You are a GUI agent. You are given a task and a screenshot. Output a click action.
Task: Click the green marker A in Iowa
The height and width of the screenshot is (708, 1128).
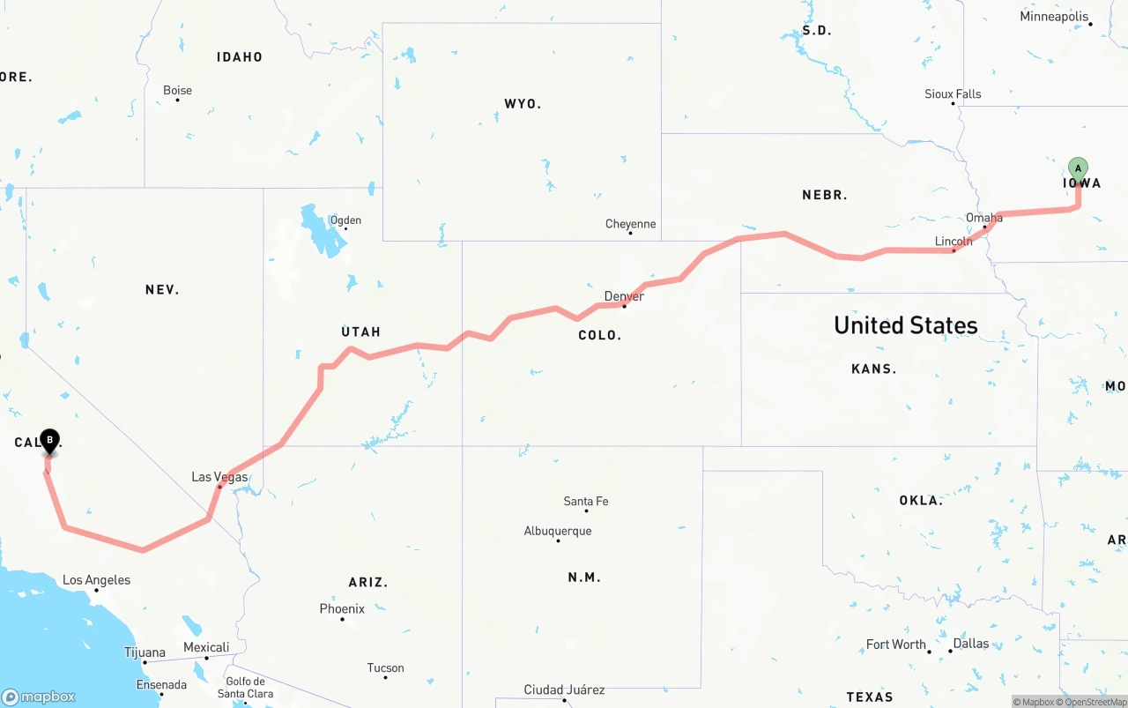point(1078,168)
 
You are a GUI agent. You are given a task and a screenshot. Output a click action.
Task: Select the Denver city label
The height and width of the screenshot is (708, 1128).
point(624,296)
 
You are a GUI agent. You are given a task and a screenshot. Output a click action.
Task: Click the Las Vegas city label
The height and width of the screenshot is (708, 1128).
point(219,477)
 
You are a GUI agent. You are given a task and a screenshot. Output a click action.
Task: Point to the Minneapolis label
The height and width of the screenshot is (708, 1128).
point(1054,17)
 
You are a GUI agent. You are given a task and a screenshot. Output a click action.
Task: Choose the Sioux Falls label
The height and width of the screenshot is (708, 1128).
point(953,93)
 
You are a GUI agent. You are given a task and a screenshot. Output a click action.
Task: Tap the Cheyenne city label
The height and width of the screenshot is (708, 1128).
point(630,224)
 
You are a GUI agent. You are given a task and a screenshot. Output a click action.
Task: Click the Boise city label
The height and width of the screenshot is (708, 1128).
point(177,90)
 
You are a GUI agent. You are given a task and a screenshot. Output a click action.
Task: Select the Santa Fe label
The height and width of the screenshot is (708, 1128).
point(586,502)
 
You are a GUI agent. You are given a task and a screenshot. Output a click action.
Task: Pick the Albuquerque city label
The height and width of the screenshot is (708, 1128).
point(558,531)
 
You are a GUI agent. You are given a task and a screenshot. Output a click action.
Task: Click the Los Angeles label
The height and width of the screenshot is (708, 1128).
point(96,580)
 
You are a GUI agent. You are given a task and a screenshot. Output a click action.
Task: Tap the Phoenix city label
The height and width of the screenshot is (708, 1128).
point(342,609)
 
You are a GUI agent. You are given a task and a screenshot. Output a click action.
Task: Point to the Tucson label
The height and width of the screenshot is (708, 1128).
point(385,668)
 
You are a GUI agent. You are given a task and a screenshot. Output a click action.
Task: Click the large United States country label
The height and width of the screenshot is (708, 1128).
point(905,325)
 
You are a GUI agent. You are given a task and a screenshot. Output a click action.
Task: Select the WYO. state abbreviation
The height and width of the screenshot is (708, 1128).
point(523,104)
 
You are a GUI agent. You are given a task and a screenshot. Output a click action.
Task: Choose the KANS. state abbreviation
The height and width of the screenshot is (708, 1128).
point(873,369)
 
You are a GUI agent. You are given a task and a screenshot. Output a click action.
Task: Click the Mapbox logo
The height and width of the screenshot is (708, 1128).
point(39,697)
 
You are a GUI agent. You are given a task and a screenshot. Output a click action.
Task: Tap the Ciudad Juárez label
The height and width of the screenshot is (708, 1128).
point(564,689)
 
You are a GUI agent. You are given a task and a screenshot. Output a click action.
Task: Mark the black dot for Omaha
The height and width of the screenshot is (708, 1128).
point(984,227)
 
